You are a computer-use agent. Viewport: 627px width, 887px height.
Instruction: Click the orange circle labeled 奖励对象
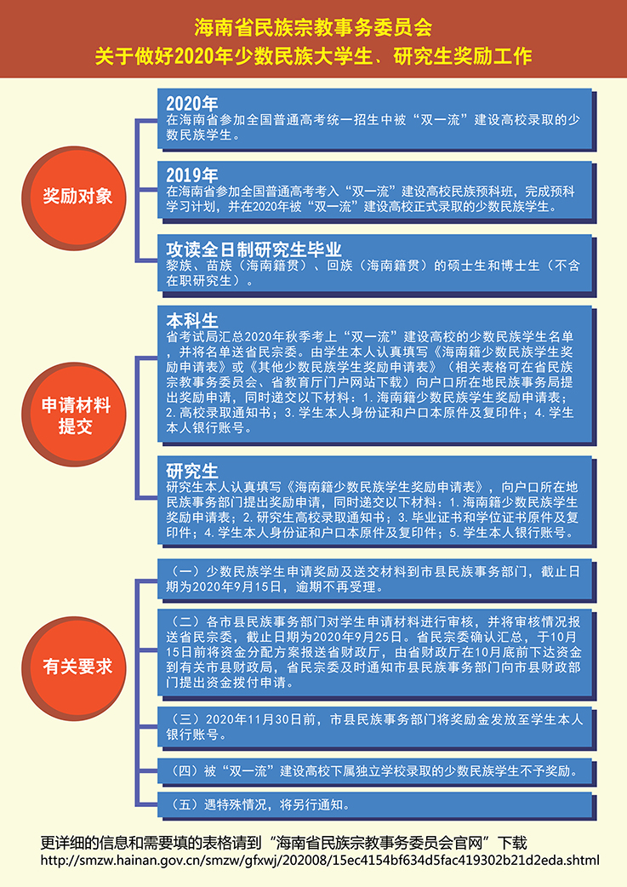[x=77, y=197]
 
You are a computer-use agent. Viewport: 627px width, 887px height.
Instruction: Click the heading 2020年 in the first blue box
[x=191, y=104]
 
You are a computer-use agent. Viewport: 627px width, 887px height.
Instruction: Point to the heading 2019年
[x=191, y=175]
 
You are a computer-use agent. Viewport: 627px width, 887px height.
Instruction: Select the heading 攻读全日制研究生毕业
[x=254, y=249]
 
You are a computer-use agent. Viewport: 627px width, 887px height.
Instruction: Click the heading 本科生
[x=191, y=321]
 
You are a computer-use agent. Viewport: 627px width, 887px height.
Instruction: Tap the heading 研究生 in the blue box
[x=191, y=471]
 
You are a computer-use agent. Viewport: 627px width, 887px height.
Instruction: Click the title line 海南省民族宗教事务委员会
[x=313, y=27]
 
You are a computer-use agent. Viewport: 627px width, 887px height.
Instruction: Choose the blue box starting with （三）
[x=376, y=728]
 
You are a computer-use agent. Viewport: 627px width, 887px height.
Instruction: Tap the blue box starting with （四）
[x=376, y=771]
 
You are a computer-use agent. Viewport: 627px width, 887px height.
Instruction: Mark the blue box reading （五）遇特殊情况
[x=376, y=805]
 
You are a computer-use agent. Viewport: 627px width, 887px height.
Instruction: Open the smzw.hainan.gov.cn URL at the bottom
[x=320, y=861]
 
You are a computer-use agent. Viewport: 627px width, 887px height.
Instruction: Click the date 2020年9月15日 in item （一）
[x=237, y=587]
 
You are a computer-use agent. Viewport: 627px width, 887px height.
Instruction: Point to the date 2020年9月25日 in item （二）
[x=357, y=637]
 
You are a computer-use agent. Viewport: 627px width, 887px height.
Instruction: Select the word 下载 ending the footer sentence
[x=513, y=844]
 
